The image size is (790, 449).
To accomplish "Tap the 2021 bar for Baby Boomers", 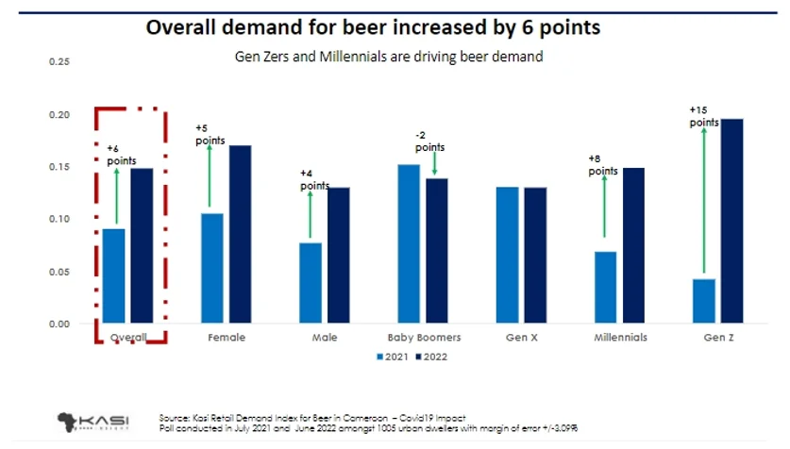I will click(x=409, y=243).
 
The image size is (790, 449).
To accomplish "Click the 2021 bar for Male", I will click(x=311, y=283).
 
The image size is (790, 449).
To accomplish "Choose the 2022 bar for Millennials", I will click(x=632, y=245).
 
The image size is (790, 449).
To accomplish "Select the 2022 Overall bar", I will click(x=142, y=245).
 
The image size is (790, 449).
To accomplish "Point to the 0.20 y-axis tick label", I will click(x=59, y=115).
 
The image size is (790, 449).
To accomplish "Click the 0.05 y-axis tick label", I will click(x=59, y=272).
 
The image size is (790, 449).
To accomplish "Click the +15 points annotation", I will click(x=704, y=117).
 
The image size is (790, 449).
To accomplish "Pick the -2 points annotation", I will click(x=430, y=141).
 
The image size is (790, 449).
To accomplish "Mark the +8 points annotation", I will click(x=602, y=165).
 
